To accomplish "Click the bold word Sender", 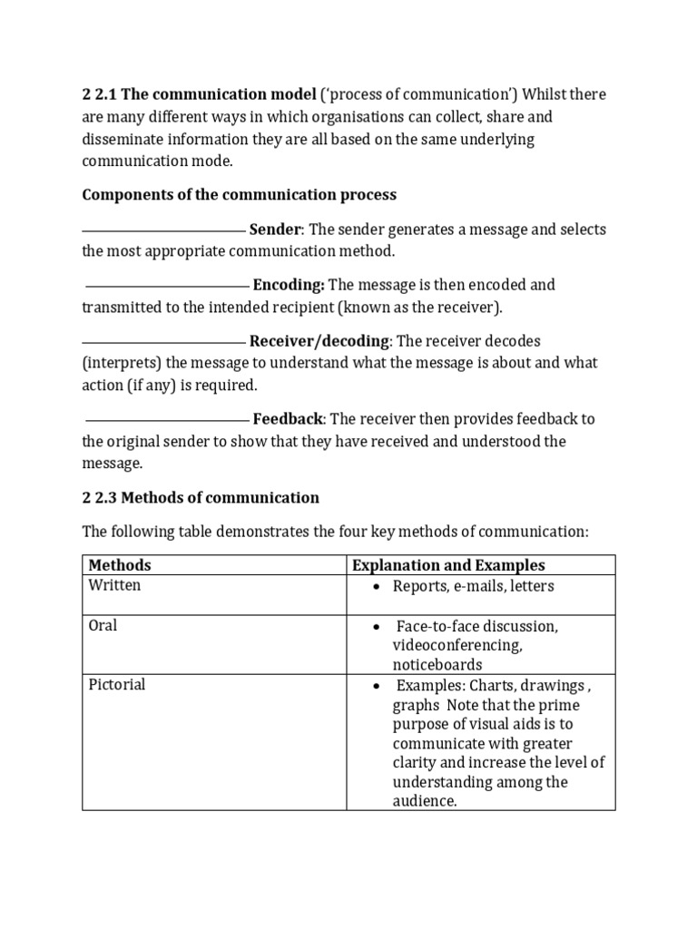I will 274,230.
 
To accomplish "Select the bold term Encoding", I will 289,285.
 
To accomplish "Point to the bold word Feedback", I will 288,419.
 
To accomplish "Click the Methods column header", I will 119,565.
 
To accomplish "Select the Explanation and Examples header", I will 448,565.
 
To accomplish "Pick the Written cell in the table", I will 114,586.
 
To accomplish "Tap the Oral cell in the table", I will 103,626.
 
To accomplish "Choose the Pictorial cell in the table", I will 116,685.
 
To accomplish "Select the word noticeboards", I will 437,665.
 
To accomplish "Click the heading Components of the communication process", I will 240,195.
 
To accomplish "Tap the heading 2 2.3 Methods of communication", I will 201,497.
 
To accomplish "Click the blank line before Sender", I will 163,230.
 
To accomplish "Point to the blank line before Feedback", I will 167,420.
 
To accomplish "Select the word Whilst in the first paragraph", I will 541,95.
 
